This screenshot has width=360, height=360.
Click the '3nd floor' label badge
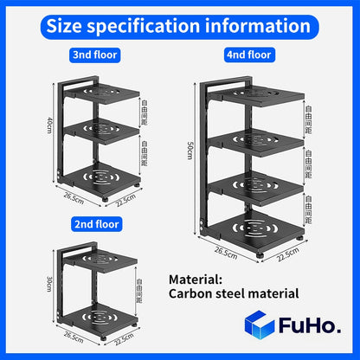pyautogui.click(x=95, y=55)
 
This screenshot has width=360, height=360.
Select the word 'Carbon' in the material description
pyautogui.click(x=201, y=295)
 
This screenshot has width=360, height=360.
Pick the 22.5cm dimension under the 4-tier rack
pyautogui.click(x=287, y=255)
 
